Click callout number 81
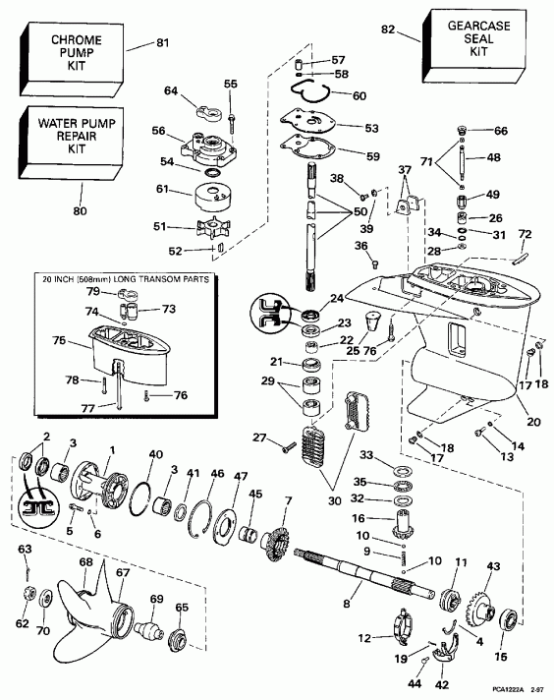[x=161, y=42]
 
